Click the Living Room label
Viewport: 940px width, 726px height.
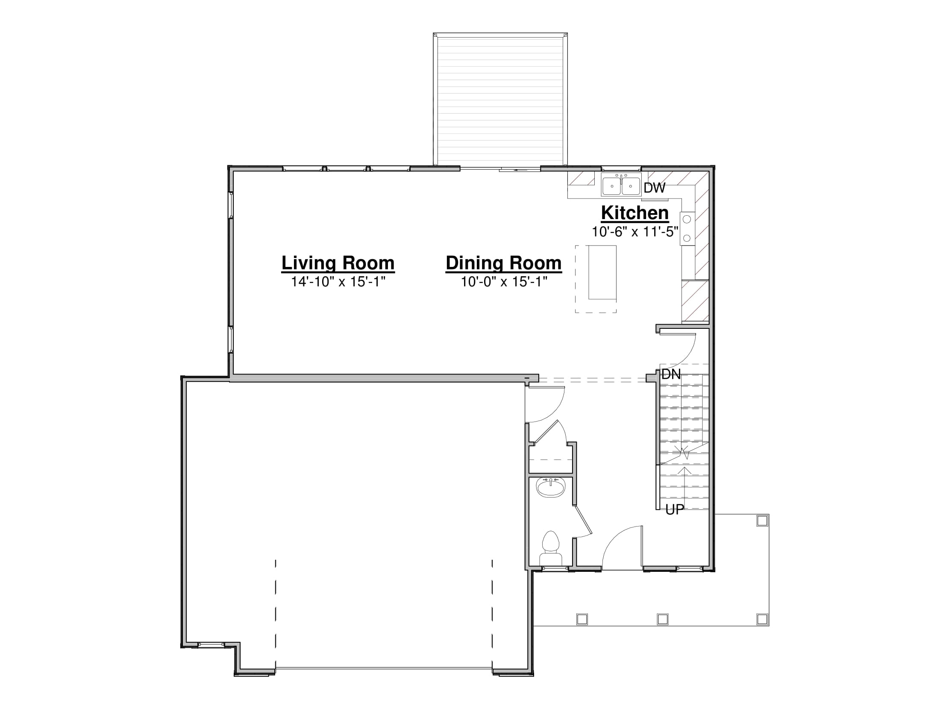pyautogui.click(x=338, y=263)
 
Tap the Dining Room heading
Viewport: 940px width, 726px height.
pyautogui.click(x=504, y=263)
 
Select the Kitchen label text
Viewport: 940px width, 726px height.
pyautogui.click(x=635, y=213)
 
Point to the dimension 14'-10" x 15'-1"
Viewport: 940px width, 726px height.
pyautogui.click(x=338, y=282)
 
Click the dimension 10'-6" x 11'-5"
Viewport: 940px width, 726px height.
pyautogui.click(x=635, y=232)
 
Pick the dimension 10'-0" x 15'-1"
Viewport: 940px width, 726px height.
pyautogui.click(x=504, y=282)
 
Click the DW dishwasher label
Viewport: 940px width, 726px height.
pyautogui.click(x=655, y=188)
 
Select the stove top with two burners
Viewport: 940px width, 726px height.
pyautogui.click(x=687, y=229)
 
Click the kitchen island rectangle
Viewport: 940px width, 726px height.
pyautogui.click(x=602, y=272)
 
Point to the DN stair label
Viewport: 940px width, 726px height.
pyautogui.click(x=671, y=375)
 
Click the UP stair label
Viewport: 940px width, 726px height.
pyautogui.click(x=674, y=509)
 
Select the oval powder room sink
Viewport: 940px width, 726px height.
pyautogui.click(x=551, y=488)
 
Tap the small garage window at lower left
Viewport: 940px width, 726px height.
pyautogui.click(x=211, y=644)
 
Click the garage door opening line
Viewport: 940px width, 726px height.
pyautogui.click(x=384, y=668)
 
